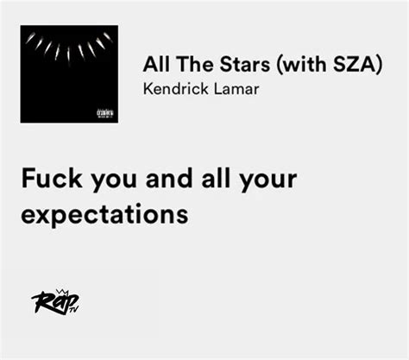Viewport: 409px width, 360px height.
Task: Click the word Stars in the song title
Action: pos(245,64)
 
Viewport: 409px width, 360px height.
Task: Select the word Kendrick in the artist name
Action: pos(176,89)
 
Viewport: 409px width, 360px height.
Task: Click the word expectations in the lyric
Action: pos(104,215)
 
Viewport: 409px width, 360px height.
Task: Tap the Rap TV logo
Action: pos(55,301)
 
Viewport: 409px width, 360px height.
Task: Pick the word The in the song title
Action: pos(195,64)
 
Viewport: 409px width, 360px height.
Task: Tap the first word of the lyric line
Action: pos(52,179)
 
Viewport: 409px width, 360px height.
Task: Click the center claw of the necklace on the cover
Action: pos(69,54)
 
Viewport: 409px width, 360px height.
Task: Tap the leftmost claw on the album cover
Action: pos(30,38)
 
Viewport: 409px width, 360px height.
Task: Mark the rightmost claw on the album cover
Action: pos(108,37)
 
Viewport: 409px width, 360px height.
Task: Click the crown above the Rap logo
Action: pos(61,291)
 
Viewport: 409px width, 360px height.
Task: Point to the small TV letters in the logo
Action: pos(74,310)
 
